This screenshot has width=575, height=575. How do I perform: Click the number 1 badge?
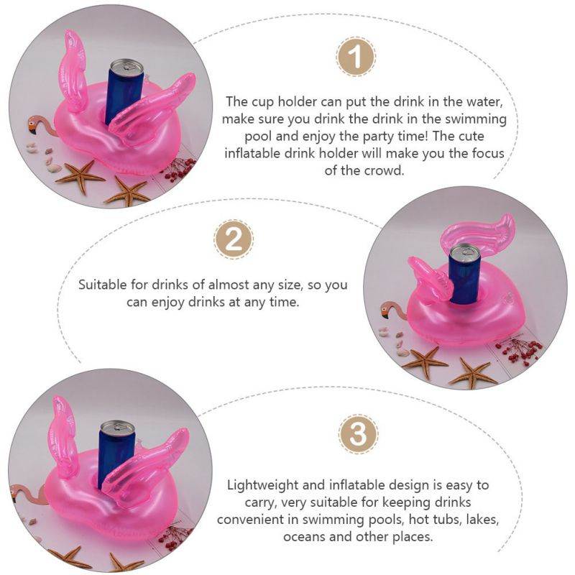(355, 57)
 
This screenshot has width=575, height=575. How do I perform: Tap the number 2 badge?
(234, 240)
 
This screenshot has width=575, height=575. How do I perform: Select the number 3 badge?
(358, 434)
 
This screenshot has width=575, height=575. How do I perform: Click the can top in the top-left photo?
(127, 65)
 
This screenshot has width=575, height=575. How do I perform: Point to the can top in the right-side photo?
(465, 252)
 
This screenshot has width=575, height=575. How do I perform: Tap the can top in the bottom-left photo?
(117, 428)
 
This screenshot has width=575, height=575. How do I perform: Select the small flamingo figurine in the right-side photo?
(392, 310)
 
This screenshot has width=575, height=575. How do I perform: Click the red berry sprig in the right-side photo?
(517, 350)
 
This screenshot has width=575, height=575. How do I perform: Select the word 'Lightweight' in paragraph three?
(262, 485)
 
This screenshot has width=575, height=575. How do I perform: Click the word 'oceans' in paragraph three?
(304, 537)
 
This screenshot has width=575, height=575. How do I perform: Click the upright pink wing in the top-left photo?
(73, 72)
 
